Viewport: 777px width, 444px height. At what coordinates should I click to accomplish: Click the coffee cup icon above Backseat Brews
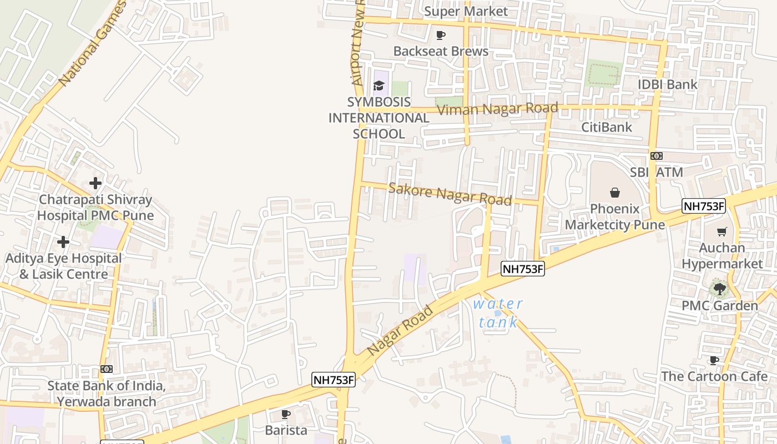[441, 36]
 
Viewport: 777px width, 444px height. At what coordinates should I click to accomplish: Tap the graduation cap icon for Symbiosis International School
[379, 85]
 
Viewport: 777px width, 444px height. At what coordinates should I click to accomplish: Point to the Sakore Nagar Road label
[450, 194]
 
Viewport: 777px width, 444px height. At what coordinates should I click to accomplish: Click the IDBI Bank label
[667, 84]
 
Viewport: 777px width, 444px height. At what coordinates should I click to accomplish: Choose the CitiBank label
[606, 127]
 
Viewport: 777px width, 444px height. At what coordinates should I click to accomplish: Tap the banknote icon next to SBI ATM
[657, 156]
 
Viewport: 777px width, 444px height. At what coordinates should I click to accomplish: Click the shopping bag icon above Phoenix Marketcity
[615, 193]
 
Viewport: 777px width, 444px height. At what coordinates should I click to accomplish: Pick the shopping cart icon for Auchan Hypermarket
[722, 232]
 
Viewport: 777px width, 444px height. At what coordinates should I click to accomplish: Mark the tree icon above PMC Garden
[719, 289]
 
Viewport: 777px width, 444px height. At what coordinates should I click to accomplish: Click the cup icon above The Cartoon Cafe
[714, 360]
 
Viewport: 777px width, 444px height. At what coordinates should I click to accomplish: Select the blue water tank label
[498, 312]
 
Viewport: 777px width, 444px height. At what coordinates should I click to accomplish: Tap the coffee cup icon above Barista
[286, 414]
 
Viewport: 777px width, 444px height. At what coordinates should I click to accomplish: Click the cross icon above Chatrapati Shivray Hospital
[95, 183]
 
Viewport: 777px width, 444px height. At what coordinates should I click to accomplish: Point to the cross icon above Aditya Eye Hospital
[63, 242]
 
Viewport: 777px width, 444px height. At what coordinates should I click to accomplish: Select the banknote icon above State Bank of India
[107, 369]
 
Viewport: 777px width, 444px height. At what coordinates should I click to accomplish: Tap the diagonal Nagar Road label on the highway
[400, 331]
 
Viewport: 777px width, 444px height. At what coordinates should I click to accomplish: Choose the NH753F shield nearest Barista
[333, 380]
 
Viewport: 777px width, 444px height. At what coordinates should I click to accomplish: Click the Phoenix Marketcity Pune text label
[615, 217]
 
